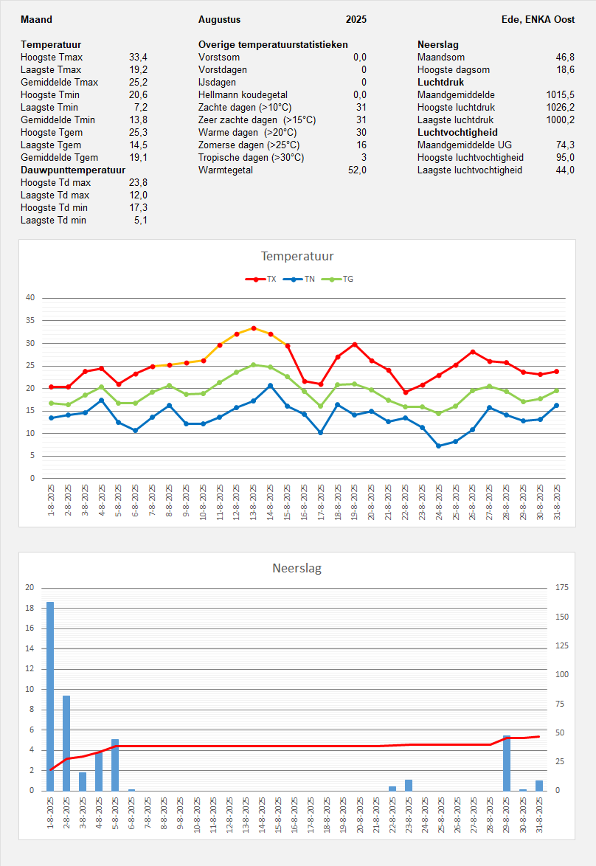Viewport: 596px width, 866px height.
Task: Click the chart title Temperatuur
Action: point(297,257)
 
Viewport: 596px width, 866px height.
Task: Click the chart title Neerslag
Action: point(297,568)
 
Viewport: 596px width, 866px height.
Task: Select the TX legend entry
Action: point(263,280)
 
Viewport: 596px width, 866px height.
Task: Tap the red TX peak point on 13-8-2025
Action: point(254,328)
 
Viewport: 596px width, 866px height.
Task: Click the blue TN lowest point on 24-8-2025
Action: point(439,446)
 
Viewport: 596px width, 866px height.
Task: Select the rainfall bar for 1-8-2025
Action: point(50,696)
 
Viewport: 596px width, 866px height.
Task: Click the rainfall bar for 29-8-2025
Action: point(507,763)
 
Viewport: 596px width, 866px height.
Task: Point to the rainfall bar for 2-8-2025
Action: point(66,743)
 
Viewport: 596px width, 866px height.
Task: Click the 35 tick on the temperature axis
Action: point(30,321)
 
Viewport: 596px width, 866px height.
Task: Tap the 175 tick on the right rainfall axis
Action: point(561,588)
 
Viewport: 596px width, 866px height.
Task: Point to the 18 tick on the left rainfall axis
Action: point(30,609)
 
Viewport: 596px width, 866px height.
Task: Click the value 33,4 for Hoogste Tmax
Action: point(138,58)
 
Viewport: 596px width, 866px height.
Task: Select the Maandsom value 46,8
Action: point(565,58)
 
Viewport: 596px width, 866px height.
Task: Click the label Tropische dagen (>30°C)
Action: point(251,158)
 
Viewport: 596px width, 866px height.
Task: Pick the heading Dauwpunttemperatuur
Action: point(72,170)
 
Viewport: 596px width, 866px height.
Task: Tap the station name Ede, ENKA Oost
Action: point(538,20)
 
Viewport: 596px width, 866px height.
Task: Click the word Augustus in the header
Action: point(219,20)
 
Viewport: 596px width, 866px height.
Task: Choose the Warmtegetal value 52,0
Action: point(357,170)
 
